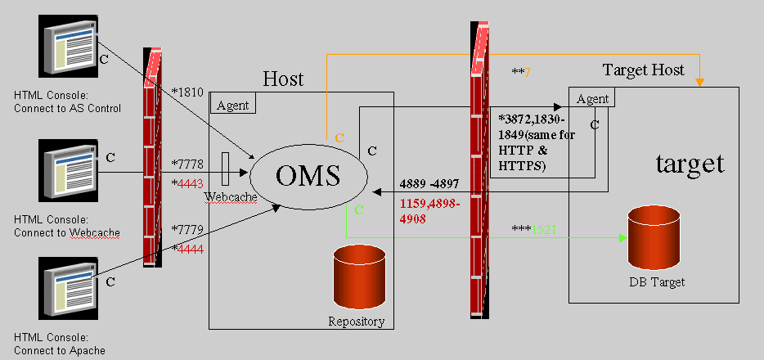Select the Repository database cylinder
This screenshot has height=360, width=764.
click(x=359, y=277)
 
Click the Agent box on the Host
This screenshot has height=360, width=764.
click(x=234, y=104)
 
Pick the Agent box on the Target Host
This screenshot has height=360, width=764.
click(x=593, y=98)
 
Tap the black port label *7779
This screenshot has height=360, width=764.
click(x=189, y=227)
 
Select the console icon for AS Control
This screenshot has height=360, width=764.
click(x=70, y=48)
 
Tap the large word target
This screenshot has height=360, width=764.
click(x=690, y=164)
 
